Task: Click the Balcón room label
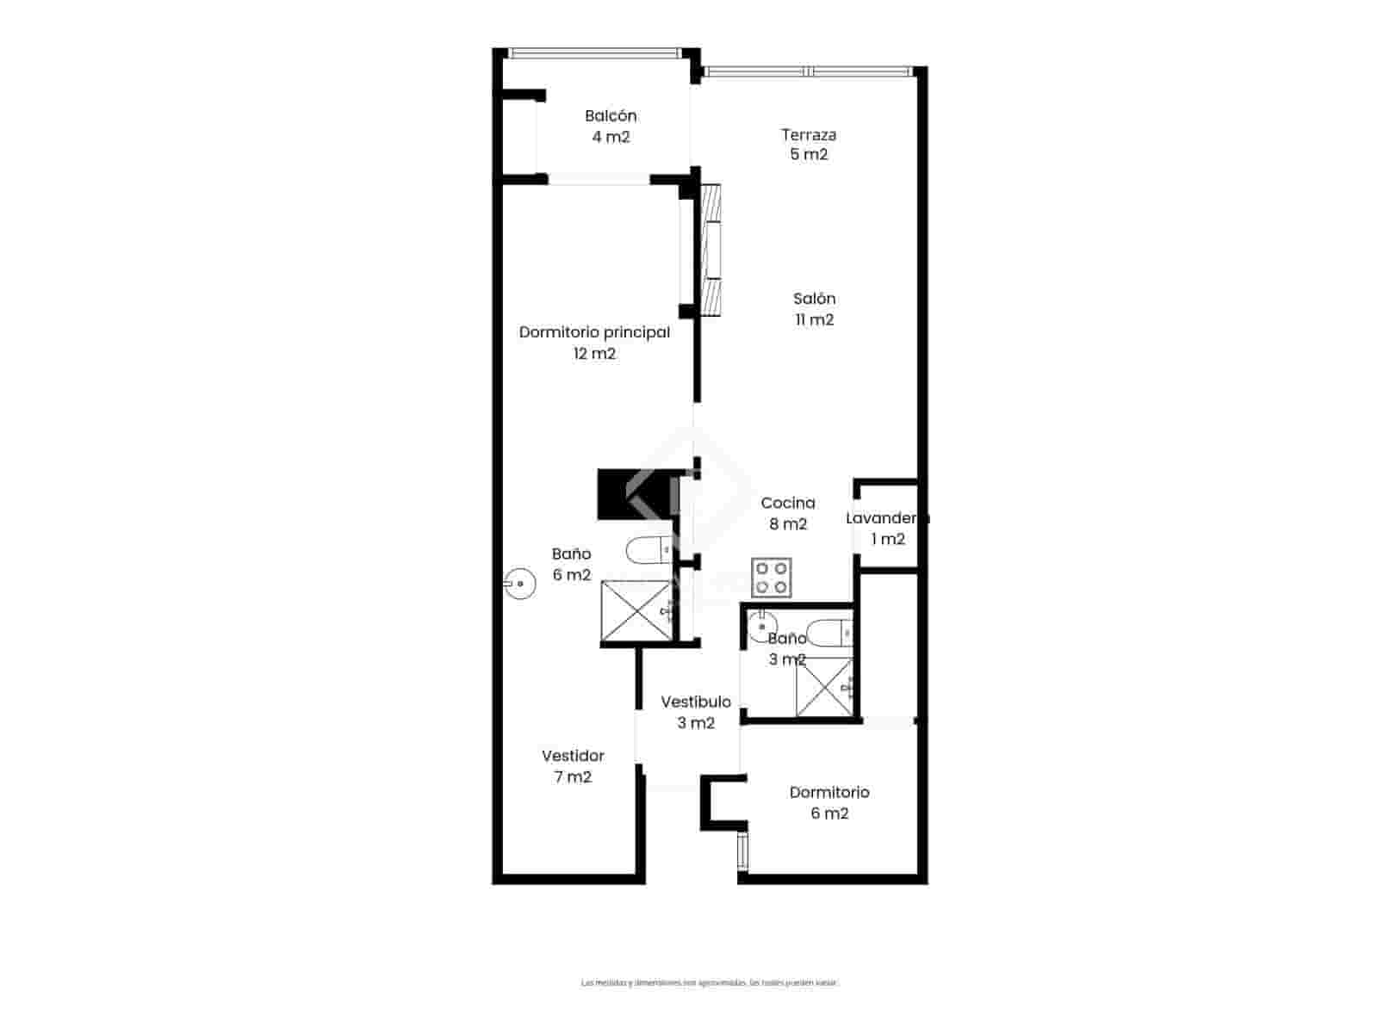611,116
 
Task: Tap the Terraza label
809,135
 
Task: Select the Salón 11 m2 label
814,309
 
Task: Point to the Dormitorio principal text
594,332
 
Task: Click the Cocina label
788,504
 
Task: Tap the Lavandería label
887,518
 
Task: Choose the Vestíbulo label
696,702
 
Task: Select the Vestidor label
573,757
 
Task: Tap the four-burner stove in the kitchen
772,578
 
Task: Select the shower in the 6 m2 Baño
636,611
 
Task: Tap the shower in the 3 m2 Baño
824,686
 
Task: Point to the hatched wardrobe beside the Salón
711,251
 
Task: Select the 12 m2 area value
594,354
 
